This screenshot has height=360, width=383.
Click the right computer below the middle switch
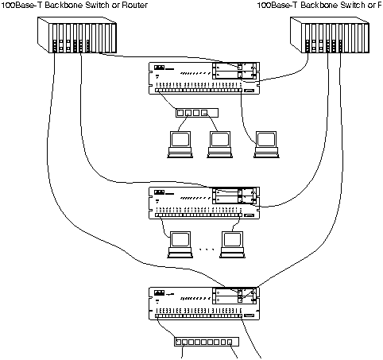click(x=232, y=242)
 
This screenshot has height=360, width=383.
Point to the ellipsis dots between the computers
click(x=205, y=250)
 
